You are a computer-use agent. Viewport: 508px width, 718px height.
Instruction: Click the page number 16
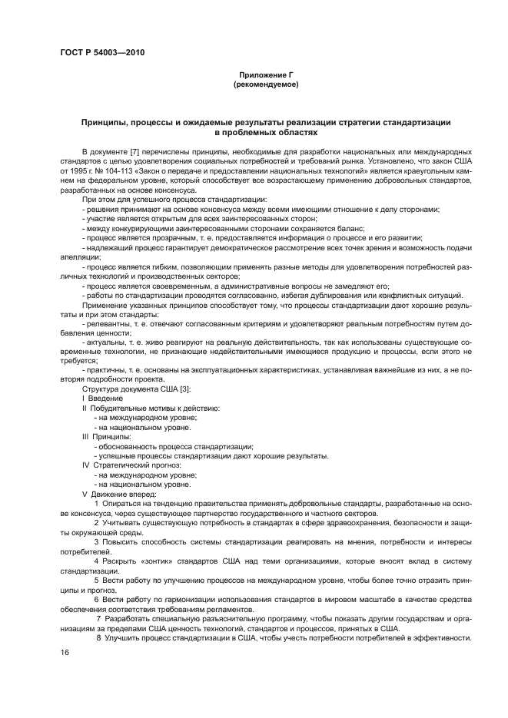pyautogui.click(x=65, y=652)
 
